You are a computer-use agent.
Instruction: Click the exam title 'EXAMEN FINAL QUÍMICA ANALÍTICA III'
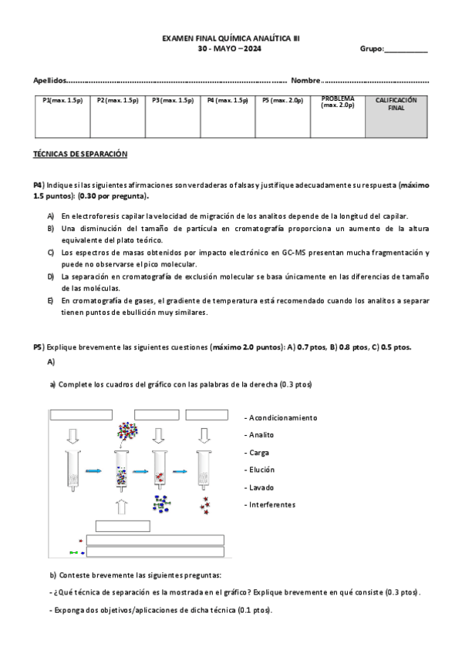click(x=231, y=39)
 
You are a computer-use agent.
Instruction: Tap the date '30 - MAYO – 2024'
click(x=229, y=49)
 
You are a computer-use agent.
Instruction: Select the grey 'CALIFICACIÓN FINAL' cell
click(x=396, y=116)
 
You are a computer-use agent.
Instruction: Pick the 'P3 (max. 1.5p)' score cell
click(x=173, y=116)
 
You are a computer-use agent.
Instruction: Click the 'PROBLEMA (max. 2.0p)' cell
click(x=338, y=116)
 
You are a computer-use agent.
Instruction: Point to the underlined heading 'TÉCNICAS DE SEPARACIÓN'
click(x=80, y=154)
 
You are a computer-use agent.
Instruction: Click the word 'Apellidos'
click(x=49, y=80)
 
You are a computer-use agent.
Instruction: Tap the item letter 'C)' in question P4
click(x=50, y=253)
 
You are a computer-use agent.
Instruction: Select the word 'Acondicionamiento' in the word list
click(x=283, y=417)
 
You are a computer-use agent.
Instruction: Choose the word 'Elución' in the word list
click(x=262, y=470)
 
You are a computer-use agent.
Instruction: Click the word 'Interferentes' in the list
click(x=272, y=504)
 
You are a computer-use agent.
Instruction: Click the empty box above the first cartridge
click(x=81, y=415)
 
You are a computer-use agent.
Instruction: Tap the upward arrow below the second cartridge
click(x=121, y=507)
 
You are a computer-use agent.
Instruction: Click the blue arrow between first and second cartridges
click(x=93, y=471)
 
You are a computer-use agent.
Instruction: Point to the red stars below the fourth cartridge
click(x=205, y=505)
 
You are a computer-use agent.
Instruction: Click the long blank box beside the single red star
click(x=155, y=540)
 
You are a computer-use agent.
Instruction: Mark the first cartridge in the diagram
click(x=73, y=470)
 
